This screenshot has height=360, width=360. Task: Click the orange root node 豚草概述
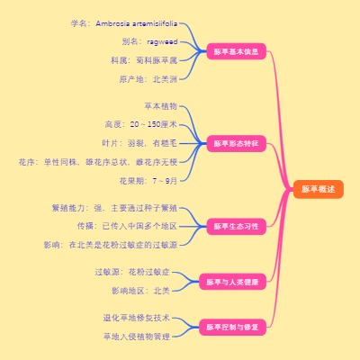pyautogui.click(x=318, y=189)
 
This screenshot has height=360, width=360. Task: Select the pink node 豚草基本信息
pyautogui.click(x=235, y=51)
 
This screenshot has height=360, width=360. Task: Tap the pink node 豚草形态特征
pyautogui.click(x=235, y=143)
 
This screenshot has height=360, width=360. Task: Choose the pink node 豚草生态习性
pyautogui.click(x=235, y=226)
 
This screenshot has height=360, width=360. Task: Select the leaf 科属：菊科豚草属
pyautogui.click(x=144, y=60)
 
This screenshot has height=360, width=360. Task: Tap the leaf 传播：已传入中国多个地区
pyautogui.click(x=126, y=226)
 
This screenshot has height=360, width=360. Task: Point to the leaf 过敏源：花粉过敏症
pyautogui.click(x=132, y=271)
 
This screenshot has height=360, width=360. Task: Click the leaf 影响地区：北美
pyautogui.click(x=140, y=291)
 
